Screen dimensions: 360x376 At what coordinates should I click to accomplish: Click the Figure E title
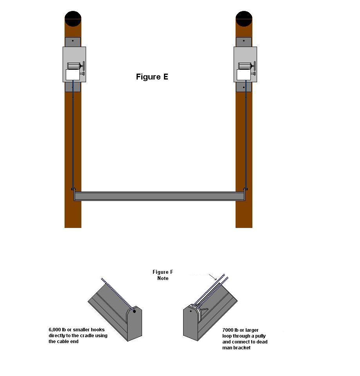point(152,77)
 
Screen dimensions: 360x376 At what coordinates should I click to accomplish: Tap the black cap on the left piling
point(73,19)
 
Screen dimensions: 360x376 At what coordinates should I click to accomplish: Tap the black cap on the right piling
point(244,19)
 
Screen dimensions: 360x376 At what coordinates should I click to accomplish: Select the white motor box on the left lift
point(73,74)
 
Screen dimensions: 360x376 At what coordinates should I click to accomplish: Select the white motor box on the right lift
point(244,74)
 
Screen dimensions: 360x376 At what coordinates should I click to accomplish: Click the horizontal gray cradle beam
point(159,196)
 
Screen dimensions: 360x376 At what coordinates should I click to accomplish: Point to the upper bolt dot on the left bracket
point(73,41)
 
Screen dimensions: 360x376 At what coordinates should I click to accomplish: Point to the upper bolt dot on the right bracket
point(244,41)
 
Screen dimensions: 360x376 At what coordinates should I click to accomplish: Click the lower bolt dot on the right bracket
point(244,87)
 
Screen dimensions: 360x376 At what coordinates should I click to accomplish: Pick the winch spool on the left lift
point(74,66)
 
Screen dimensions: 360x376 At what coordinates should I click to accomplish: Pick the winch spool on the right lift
point(245,66)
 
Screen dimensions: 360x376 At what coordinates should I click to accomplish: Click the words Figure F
point(163,272)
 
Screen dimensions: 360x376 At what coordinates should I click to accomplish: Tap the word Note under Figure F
point(163,278)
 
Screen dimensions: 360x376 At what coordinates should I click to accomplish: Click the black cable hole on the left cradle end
point(134,311)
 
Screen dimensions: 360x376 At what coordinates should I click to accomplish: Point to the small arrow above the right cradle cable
point(213,277)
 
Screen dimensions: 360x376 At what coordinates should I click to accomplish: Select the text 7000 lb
point(230,330)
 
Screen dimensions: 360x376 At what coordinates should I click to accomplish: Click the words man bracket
point(236,348)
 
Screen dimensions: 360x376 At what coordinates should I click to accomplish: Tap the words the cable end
point(63,342)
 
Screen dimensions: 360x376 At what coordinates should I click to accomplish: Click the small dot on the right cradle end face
point(191,311)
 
